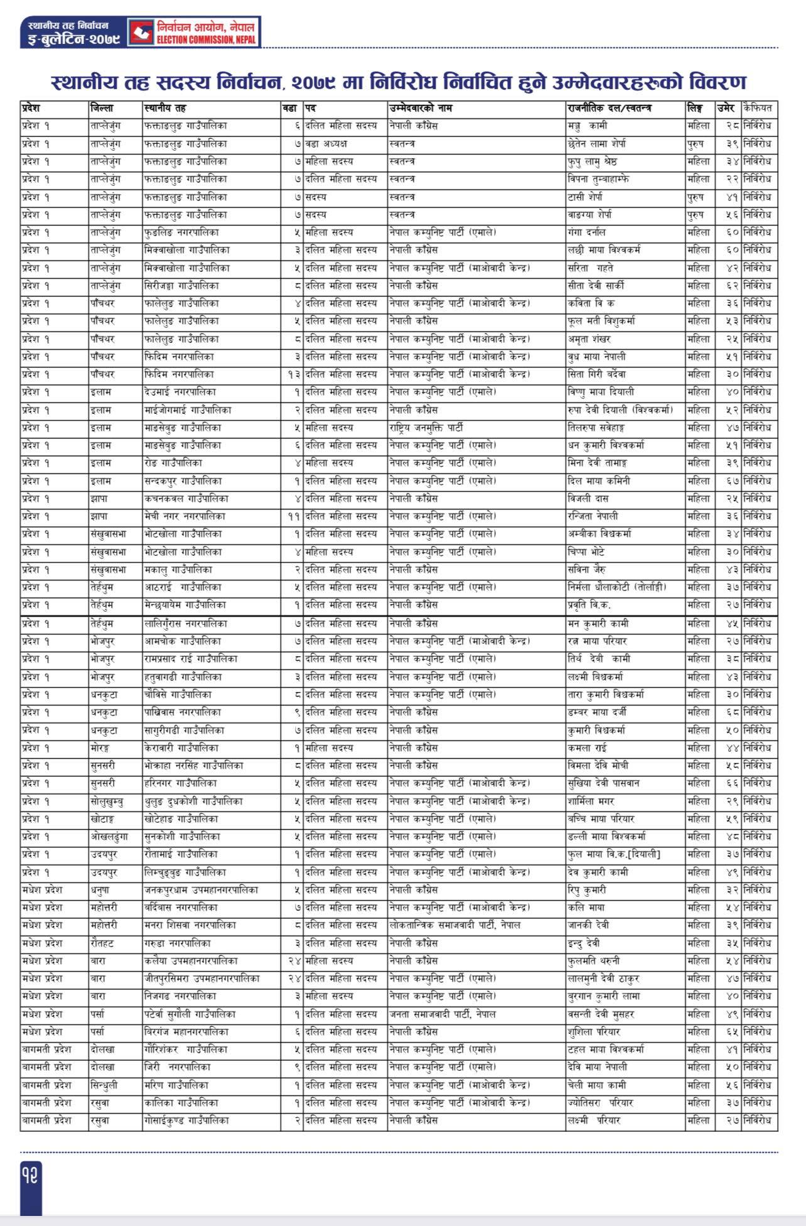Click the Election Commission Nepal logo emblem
point(141,32)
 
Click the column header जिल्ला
point(102,108)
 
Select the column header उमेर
point(726,108)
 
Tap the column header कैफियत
point(757,108)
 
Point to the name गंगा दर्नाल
point(587,232)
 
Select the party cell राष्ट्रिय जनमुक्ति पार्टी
point(426,428)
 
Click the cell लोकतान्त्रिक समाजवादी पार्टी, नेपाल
point(454,925)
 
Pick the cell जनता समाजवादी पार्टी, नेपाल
point(442,1014)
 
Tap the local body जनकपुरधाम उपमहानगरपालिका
point(200,890)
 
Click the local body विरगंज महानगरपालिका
point(186,1031)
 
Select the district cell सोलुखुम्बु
point(107,801)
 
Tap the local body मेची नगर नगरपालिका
point(184,516)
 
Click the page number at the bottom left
point(31,1174)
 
